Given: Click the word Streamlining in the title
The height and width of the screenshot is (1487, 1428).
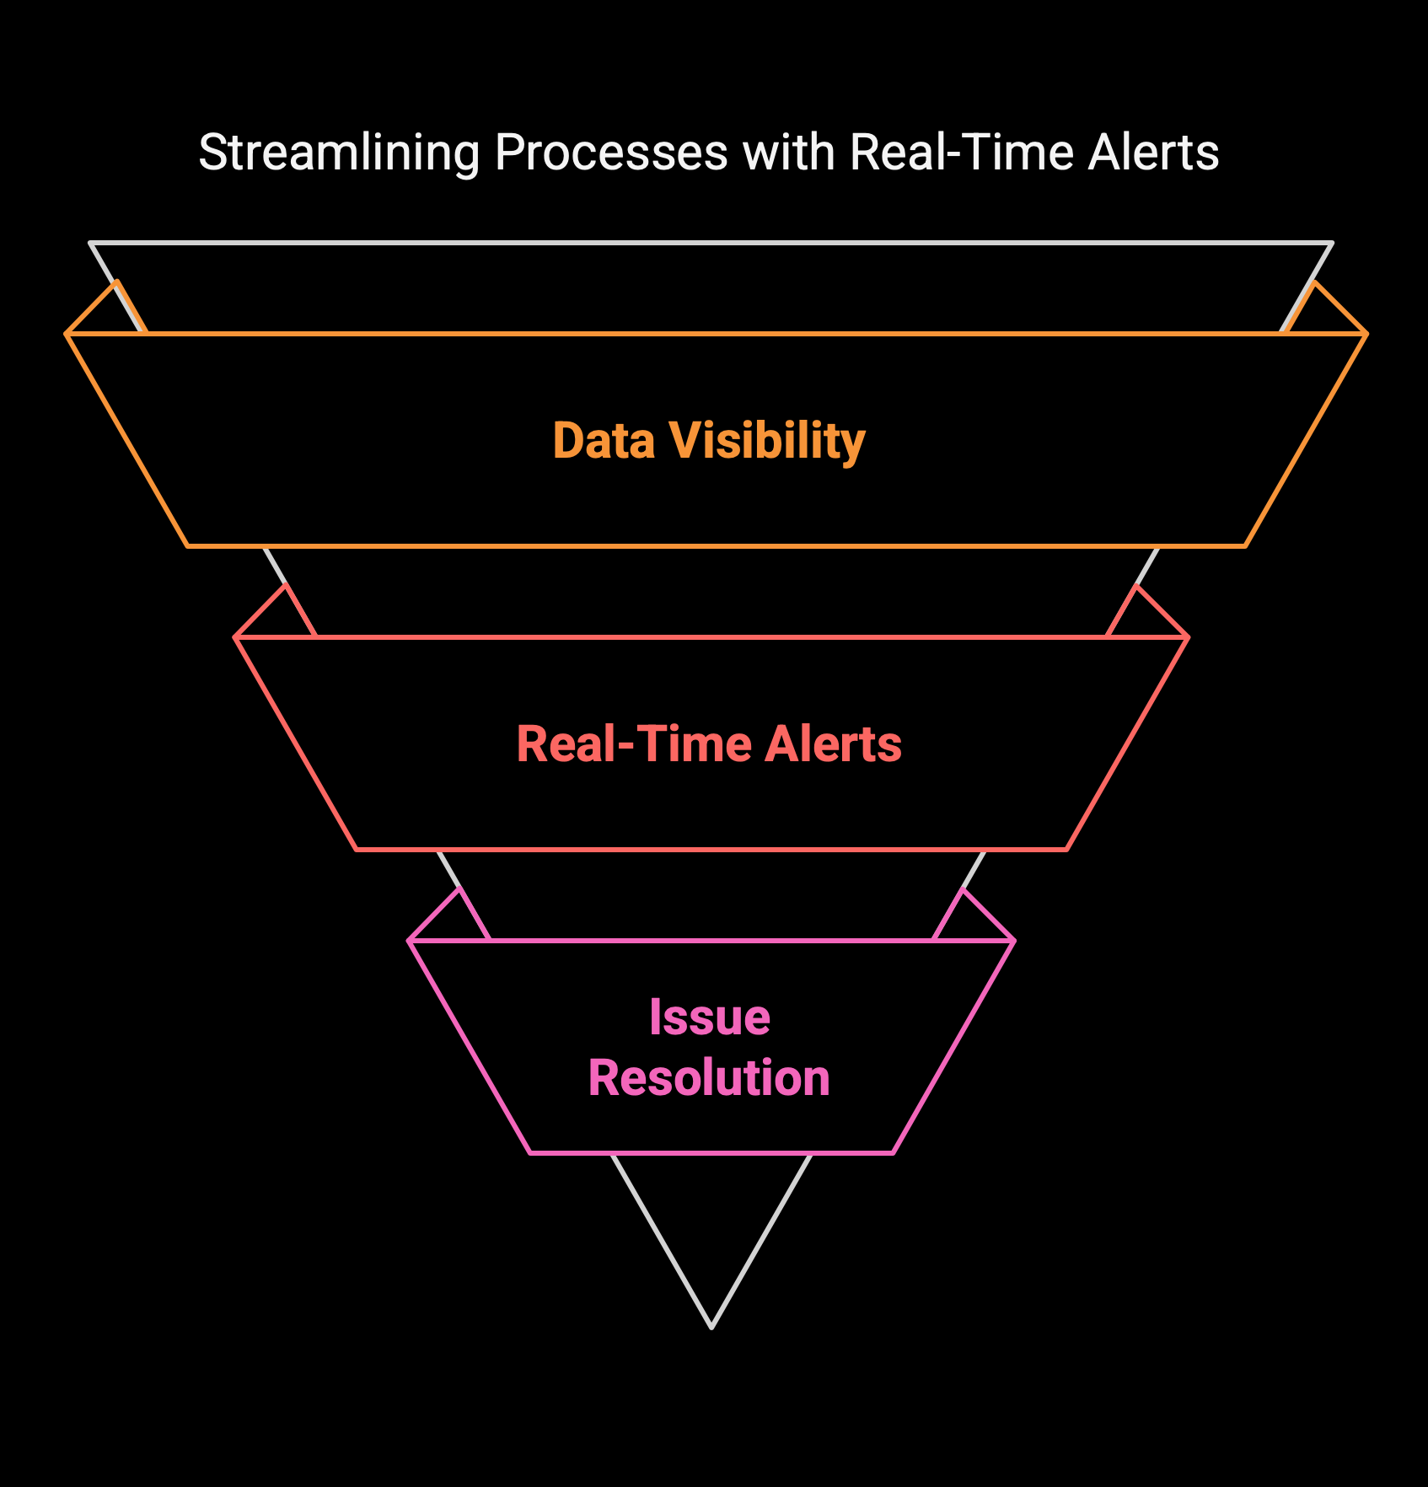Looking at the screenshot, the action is click(339, 154).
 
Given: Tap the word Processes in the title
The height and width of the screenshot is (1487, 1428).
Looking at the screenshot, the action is click(611, 153).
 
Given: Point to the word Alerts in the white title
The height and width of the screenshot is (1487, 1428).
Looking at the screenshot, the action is click(1153, 153).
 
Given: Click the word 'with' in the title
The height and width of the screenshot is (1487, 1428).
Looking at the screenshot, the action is click(789, 153).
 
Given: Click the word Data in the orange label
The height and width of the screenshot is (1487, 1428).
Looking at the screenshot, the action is click(604, 440).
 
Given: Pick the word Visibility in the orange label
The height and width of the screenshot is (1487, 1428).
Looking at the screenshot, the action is click(768, 442).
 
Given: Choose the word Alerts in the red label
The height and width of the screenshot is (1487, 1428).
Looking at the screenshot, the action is click(833, 743).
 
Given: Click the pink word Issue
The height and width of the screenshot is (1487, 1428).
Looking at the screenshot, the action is click(710, 1017).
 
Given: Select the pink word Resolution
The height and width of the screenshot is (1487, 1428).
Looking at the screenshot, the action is click(709, 1077).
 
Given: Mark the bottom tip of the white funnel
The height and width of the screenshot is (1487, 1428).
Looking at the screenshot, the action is click(712, 1328).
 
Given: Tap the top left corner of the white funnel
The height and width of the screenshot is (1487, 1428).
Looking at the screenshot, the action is click(91, 244).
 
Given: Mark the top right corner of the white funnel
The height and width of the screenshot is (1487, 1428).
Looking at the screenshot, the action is click(1332, 244).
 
